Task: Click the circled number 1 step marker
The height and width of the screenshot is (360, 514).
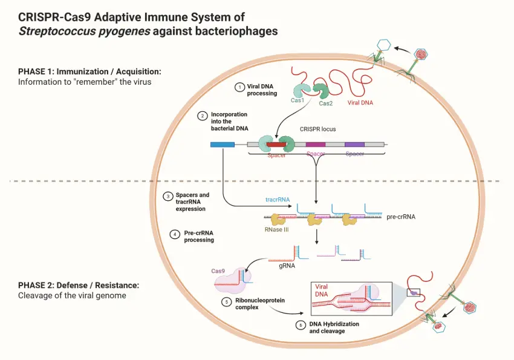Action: tap(240, 87)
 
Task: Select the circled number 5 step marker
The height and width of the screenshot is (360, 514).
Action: tap(226, 301)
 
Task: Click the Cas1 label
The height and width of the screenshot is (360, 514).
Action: tap(298, 100)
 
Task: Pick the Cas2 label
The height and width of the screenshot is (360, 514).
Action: tap(326, 103)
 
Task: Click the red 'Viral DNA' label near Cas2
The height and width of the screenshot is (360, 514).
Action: tap(360, 103)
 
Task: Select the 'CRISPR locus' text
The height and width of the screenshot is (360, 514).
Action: tap(317, 129)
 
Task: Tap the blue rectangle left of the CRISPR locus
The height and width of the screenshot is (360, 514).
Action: tap(222, 145)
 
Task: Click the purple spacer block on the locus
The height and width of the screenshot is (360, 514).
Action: tap(354, 145)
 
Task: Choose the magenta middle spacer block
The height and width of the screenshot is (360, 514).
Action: tap(316, 145)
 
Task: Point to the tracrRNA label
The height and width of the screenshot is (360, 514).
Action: tap(278, 199)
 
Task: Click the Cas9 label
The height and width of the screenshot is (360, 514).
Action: tap(218, 271)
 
